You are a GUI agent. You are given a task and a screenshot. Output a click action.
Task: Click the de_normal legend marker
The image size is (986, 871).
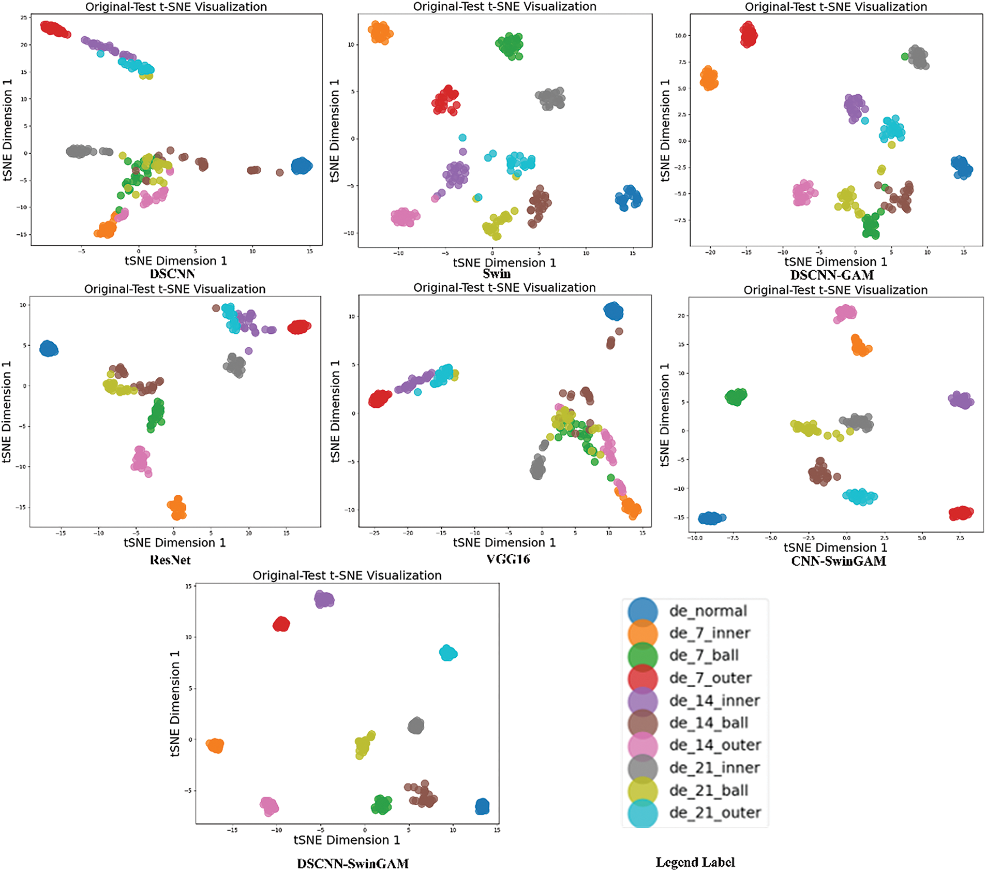[x=643, y=611]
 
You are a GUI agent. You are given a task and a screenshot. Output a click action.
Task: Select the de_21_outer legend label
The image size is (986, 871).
[x=715, y=813]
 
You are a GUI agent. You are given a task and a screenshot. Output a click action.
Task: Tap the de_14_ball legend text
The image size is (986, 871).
[x=709, y=723]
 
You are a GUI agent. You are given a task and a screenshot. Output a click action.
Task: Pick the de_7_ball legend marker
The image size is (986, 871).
[x=643, y=656]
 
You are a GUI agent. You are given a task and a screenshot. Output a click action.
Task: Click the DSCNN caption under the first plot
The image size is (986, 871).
[x=173, y=274]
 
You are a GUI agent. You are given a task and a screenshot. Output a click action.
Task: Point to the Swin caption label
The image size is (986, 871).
[x=497, y=274]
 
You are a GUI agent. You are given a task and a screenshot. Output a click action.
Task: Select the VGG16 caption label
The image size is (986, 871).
[x=508, y=559]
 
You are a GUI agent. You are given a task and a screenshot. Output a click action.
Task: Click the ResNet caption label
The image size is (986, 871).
[x=170, y=560]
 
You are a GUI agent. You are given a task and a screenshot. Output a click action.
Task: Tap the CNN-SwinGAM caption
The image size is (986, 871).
[x=839, y=561]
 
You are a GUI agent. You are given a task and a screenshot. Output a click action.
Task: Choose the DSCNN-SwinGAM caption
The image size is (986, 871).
[x=353, y=863]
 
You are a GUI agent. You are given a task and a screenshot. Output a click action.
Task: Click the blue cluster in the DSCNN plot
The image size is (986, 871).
[x=302, y=166]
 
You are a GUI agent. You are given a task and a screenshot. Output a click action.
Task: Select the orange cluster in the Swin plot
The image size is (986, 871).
[x=380, y=33]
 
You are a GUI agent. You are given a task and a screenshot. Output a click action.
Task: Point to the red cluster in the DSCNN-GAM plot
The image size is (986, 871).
[x=748, y=35]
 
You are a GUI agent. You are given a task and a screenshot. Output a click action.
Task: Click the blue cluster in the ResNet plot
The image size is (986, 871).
[x=49, y=349]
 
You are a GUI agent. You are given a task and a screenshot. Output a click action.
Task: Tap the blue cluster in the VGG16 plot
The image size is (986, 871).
[x=614, y=311]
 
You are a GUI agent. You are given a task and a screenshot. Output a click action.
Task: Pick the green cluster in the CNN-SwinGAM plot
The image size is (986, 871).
[x=736, y=397]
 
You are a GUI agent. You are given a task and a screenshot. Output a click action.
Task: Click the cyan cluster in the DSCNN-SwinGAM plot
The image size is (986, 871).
[x=448, y=653]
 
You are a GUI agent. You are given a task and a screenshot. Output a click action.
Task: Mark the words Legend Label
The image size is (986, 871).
[x=695, y=862]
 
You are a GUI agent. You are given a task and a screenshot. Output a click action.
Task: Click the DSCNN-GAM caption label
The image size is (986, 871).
[x=832, y=275]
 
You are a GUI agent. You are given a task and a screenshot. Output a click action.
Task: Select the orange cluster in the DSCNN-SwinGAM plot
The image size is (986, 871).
[x=215, y=745]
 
